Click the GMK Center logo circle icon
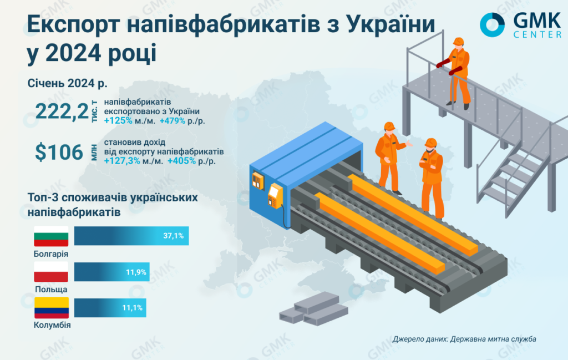[x=492, y=24]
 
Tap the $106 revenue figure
[x=59, y=152]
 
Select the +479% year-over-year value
[x=173, y=121]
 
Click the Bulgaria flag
[x=51, y=236]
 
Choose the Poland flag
[x=51, y=272]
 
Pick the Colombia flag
[x=51, y=308]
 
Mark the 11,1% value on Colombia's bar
[x=132, y=308]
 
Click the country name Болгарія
[x=51, y=253]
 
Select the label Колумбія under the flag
[x=52, y=325]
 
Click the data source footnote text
[x=464, y=339]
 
